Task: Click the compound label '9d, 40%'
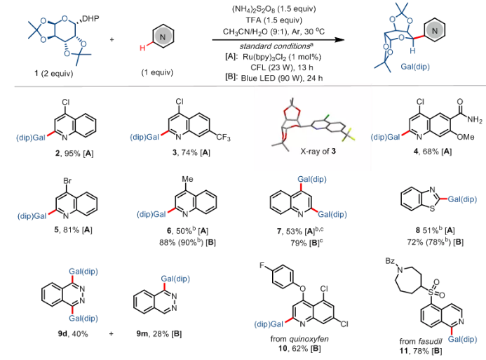pos(72,333)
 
